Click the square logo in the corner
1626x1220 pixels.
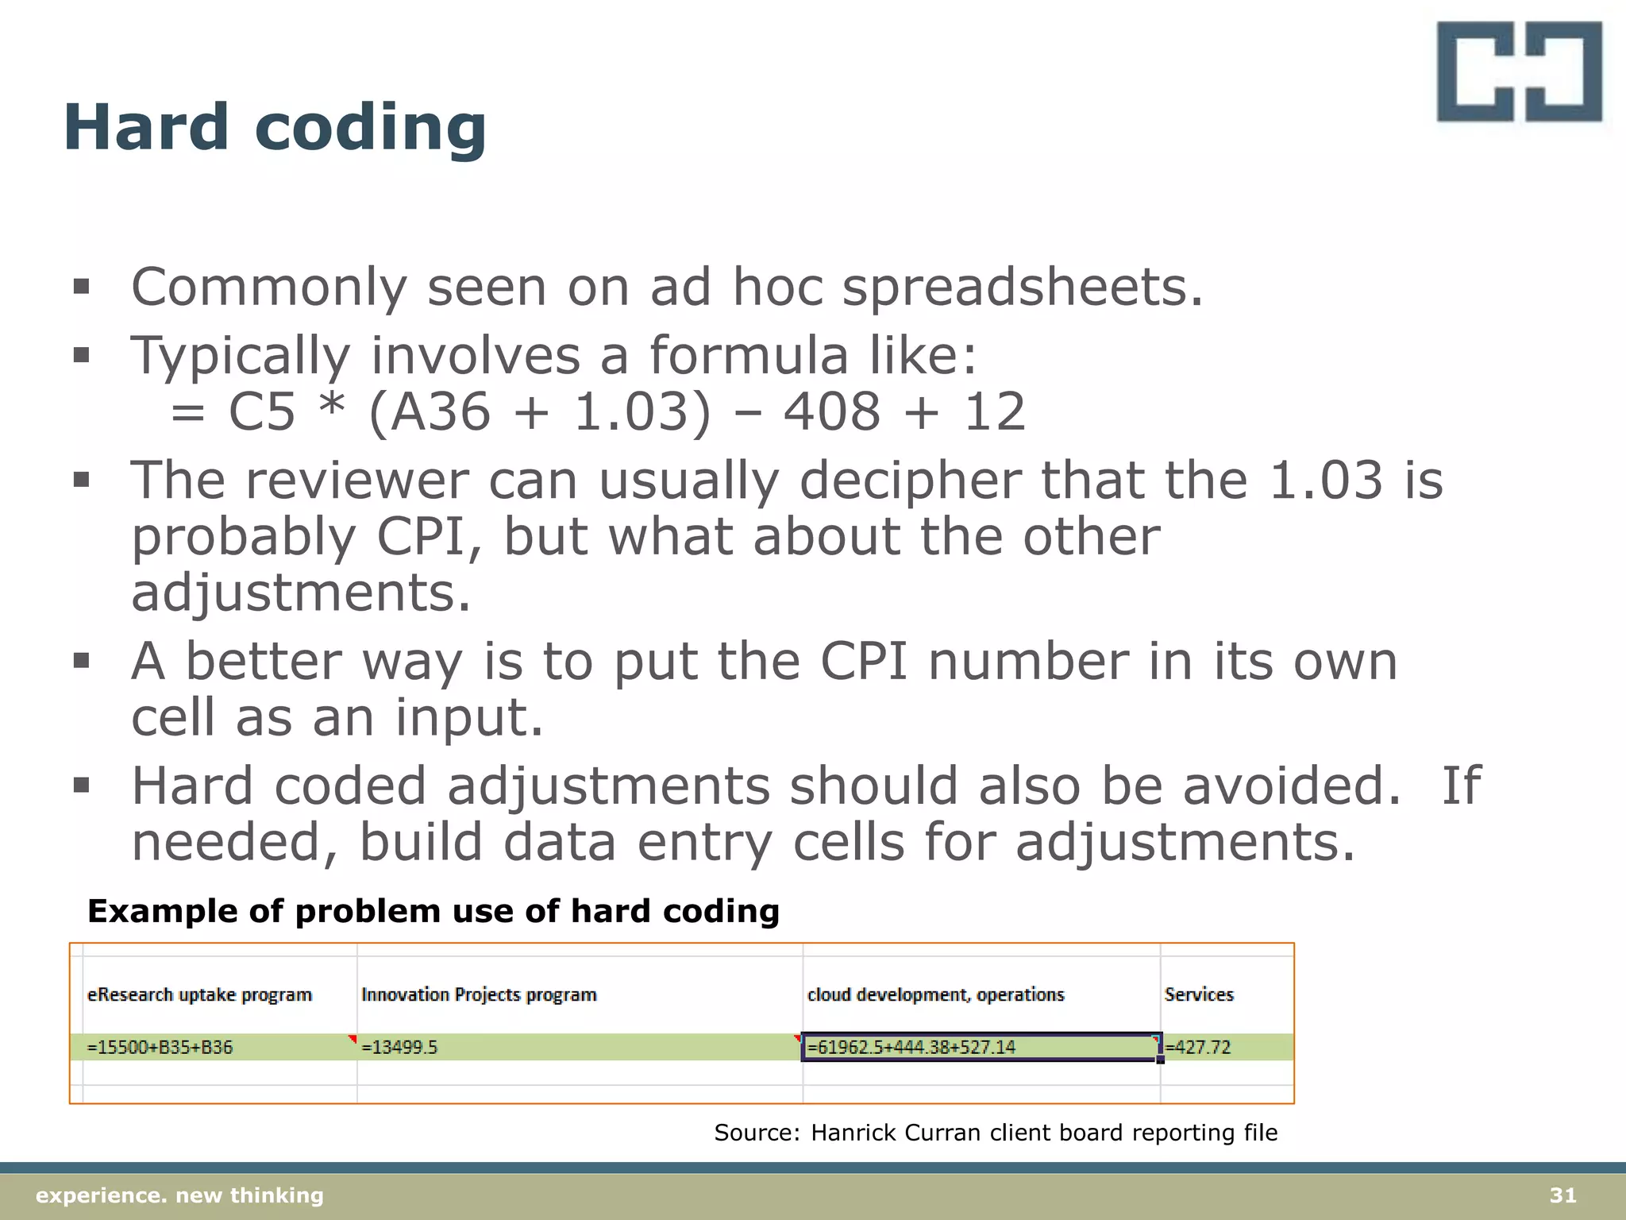click(x=1519, y=72)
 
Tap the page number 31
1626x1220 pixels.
click(x=1562, y=1195)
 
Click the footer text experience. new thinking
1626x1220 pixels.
click(x=180, y=1195)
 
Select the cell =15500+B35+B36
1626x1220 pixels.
click(x=160, y=1047)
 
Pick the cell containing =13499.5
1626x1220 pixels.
click(x=399, y=1047)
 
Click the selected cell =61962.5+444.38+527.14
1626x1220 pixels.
click(x=911, y=1047)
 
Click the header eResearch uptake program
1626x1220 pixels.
click(x=199, y=994)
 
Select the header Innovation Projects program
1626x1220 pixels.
click(x=479, y=994)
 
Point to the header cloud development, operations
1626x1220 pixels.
click(x=935, y=994)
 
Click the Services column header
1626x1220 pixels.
click(x=1199, y=994)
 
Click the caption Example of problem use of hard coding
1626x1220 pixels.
click(x=433, y=911)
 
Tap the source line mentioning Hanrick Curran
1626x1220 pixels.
click(x=996, y=1132)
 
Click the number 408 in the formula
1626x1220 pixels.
click(x=831, y=412)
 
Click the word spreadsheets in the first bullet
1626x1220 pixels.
click(x=1022, y=288)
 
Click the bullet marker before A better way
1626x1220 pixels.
click(x=81, y=660)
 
